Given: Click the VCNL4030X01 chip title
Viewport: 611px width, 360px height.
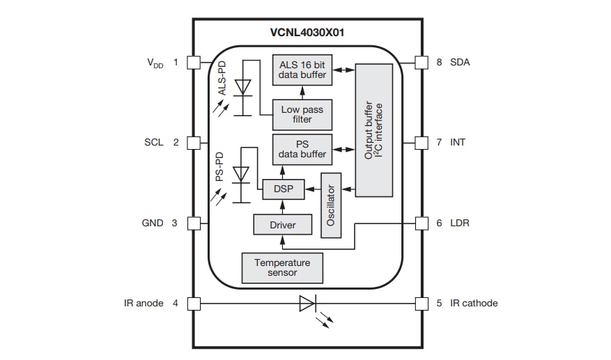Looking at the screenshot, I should coord(307,33).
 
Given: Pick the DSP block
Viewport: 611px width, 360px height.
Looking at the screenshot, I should coord(283,189).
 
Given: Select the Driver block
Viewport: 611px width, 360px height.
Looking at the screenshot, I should coord(282,225).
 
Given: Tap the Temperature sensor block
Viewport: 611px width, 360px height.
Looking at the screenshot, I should coord(282,267).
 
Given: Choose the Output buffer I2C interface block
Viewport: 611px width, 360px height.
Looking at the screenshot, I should coord(373,130).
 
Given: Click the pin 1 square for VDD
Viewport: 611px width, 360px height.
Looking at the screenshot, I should coord(194,62).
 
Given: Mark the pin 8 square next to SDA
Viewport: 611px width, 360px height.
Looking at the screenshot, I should coord(421,62).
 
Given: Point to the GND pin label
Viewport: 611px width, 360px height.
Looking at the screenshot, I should coord(153,223).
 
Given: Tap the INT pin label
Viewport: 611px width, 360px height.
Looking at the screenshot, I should coord(457,142).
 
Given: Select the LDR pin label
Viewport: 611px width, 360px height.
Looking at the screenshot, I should coord(459,223).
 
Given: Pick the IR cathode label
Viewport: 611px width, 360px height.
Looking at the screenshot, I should coord(474,303).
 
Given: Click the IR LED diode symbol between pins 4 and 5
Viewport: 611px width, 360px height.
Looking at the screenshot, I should coord(307,304).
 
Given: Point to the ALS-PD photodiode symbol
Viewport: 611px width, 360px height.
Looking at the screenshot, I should coord(242,88).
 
